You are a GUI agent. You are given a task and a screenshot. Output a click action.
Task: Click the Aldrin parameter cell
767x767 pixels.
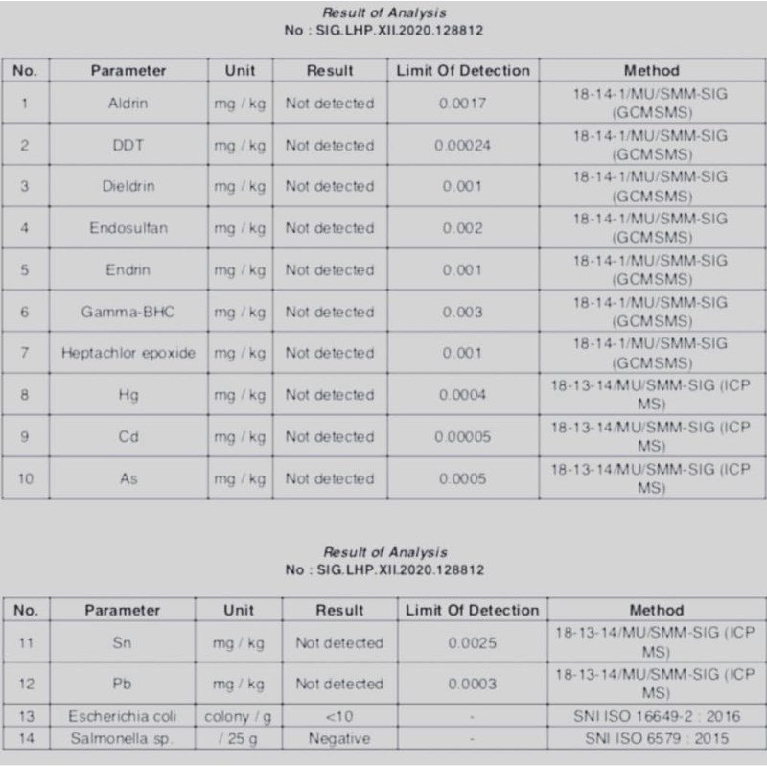click(128, 104)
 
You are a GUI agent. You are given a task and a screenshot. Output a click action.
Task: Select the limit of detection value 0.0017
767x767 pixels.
click(463, 104)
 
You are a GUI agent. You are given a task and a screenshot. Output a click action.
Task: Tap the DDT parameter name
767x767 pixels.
click(128, 146)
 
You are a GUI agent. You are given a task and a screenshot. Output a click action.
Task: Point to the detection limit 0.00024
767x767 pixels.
click(463, 146)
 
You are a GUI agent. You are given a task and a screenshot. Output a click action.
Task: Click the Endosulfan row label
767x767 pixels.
click(128, 228)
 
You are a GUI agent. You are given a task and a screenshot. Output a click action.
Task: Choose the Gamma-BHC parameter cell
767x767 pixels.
click(128, 312)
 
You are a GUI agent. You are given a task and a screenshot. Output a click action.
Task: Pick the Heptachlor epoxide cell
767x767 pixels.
click(128, 353)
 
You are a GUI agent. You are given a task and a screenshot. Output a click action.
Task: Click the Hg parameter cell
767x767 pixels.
click(128, 395)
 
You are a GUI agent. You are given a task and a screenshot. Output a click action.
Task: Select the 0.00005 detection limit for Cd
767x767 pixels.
click(463, 437)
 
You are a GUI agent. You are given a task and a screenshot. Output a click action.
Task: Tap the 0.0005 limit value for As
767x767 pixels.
click(463, 478)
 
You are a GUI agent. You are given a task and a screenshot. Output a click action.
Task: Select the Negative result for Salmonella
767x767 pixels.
click(339, 739)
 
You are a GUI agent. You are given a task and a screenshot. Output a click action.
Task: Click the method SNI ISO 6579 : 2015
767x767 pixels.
click(657, 739)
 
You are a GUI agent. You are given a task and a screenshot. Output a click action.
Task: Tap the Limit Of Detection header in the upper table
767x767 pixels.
click(463, 70)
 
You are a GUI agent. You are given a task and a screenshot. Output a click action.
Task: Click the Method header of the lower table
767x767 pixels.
click(657, 610)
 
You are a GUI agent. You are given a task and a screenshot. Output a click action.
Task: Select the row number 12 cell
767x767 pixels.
click(26, 684)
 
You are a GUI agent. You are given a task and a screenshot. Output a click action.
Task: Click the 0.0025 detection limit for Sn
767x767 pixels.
click(473, 642)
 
